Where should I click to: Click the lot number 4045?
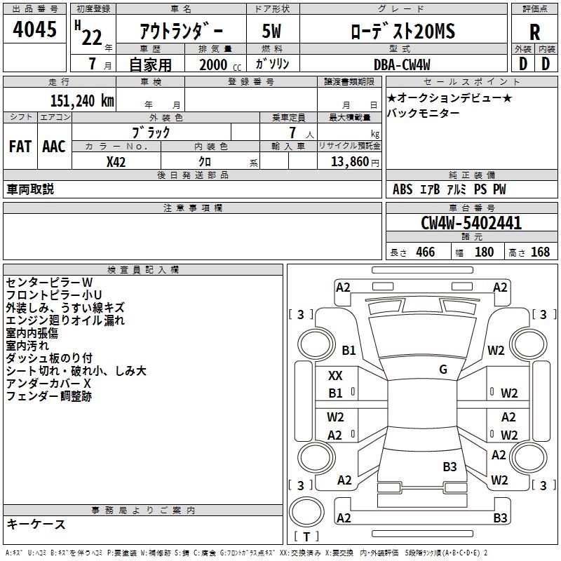[x=35, y=30]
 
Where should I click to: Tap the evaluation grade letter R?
[x=534, y=32]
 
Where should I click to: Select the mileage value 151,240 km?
[x=82, y=100]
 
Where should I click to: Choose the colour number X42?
[x=116, y=162]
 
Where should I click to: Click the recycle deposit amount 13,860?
[x=348, y=162]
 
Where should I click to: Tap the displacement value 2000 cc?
[x=217, y=64]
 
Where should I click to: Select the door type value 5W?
[x=273, y=32]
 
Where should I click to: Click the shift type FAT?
[x=20, y=147]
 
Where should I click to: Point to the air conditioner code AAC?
[x=53, y=147]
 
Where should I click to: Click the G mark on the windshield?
[x=443, y=369]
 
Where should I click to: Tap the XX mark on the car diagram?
[x=335, y=375]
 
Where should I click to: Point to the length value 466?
[x=425, y=252]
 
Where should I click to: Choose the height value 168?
[x=540, y=252]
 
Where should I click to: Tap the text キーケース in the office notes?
[x=36, y=524]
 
